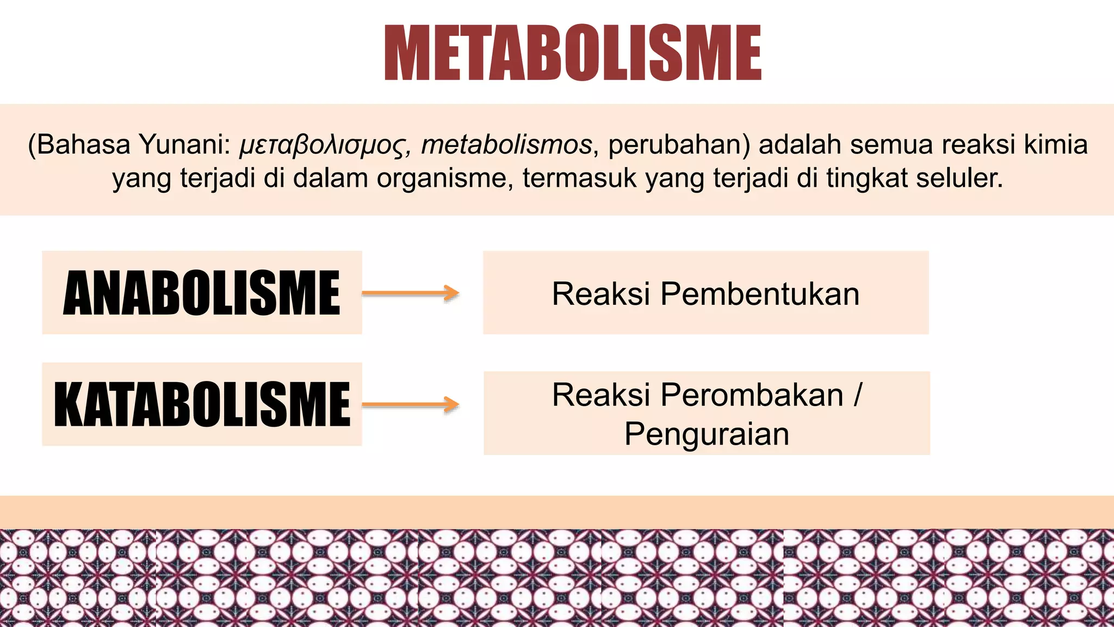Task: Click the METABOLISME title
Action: [573, 53]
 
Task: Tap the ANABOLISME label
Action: [202, 293]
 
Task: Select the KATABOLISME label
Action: [202, 404]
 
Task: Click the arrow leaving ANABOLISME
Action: [411, 293]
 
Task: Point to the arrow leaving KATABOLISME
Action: [411, 404]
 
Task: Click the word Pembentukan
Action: [760, 294]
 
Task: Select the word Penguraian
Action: [707, 434]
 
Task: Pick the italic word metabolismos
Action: [506, 145]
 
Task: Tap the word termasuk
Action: [579, 178]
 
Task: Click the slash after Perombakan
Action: [858, 395]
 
